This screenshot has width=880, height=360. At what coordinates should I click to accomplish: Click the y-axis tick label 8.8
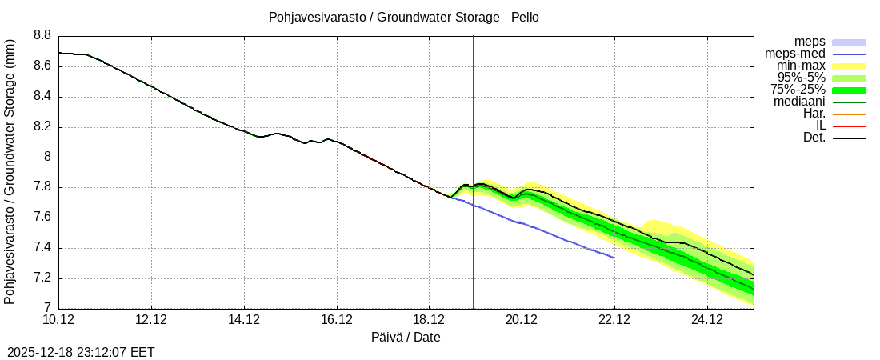(42, 36)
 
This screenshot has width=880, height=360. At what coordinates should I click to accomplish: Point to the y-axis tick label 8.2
(42, 127)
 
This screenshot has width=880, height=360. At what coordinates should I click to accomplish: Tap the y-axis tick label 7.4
(42, 249)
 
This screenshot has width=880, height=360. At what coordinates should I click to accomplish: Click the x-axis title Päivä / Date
(406, 337)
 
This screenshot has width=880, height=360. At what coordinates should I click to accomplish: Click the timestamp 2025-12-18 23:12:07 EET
(81, 352)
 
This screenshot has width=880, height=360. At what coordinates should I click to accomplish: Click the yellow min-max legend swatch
(849, 66)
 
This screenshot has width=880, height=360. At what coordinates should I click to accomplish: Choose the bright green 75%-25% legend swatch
(849, 90)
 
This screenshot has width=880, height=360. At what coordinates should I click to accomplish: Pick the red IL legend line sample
(849, 126)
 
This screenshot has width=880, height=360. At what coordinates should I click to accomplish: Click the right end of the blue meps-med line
(614, 258)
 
